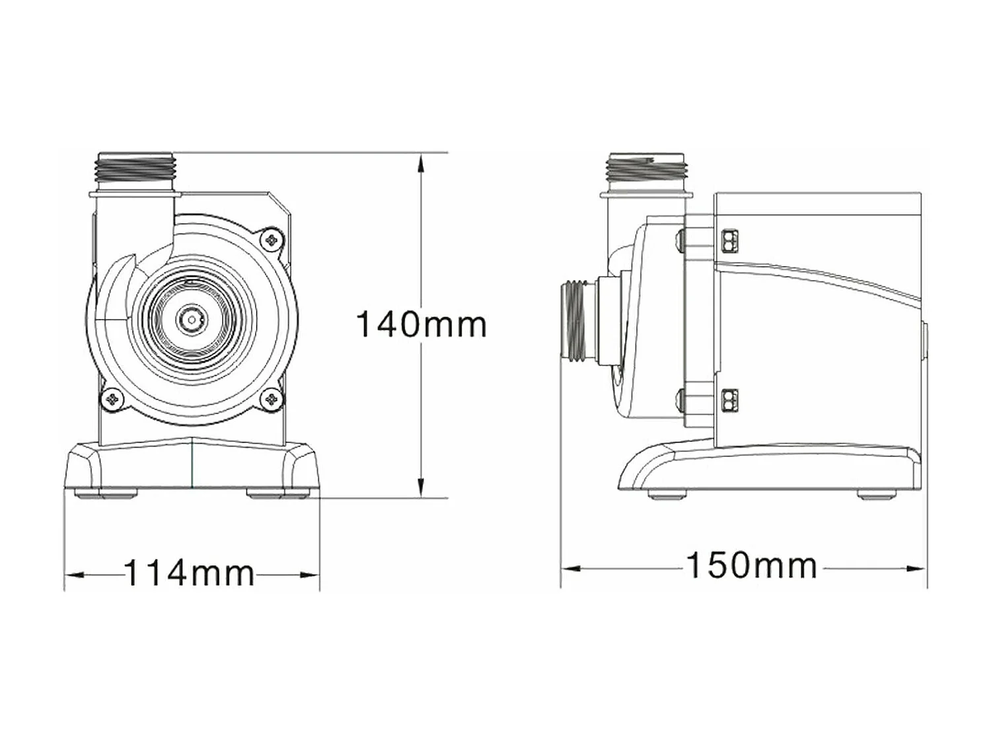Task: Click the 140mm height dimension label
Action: pos(421,324)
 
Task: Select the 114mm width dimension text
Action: pos(189,573)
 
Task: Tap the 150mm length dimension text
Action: pos(752,566)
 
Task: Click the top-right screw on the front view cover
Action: pos(270,239)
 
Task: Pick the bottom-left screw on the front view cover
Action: pos(112,398)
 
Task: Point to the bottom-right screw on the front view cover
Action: pos(272,399)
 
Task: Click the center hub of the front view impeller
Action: pos(190,320)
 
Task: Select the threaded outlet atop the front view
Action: pos(135,169)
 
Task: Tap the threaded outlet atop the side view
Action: pos(647,169)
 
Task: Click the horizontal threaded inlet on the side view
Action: pos(579,322)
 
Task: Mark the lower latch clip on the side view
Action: pos(730,400)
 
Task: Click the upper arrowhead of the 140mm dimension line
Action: pos(420,162)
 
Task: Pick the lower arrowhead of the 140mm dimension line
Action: pos(420,488)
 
